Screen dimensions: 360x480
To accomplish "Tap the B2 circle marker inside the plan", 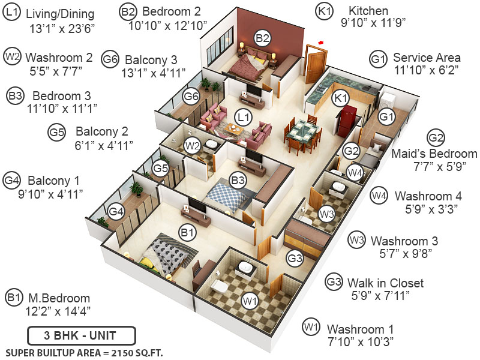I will (262, 38).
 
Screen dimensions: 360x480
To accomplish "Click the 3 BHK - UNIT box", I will (82, 335).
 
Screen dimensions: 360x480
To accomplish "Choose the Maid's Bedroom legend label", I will (434, 154).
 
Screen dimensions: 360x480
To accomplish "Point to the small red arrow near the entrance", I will (321, 43).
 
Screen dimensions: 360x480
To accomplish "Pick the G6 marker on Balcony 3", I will (191, 95).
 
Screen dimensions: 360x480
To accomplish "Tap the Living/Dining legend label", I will (61, 13).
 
